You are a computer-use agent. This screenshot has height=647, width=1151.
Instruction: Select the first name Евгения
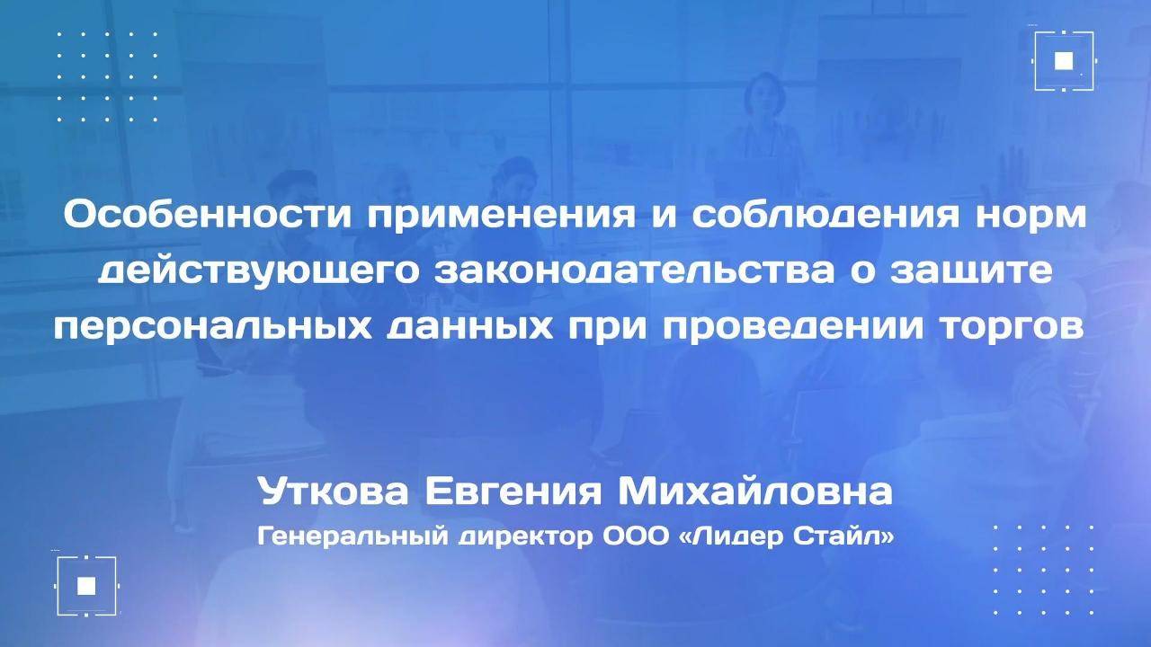click(526, 492)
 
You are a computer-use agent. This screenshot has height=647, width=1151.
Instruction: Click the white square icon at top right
click(1064, 60)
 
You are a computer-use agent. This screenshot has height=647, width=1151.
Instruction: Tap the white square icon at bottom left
click(86, 586)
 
